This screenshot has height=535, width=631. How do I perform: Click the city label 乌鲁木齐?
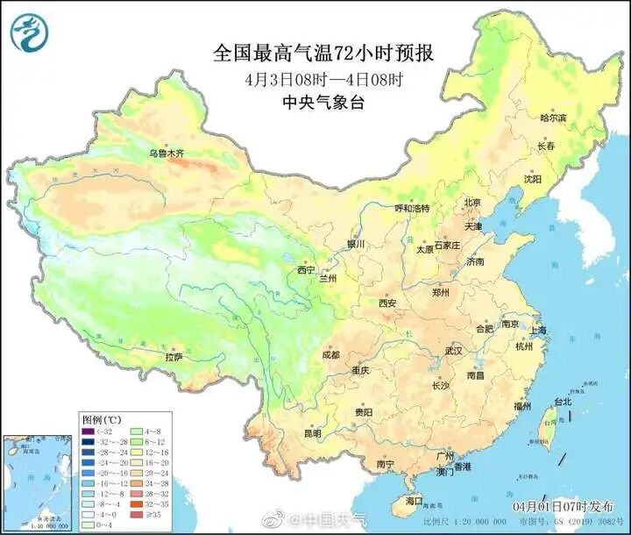(167, 153)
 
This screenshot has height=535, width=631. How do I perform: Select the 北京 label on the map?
(471, 202)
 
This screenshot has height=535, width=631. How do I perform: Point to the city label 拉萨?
(174, 357)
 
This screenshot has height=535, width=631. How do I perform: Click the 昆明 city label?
(312, 433)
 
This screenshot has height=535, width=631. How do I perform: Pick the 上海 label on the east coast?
(538, 331)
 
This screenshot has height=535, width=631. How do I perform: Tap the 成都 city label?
(330, 355)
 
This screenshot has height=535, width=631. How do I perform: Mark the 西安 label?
(387, 303)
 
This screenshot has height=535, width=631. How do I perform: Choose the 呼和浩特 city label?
(412, 209)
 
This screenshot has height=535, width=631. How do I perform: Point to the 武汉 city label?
(453, 350)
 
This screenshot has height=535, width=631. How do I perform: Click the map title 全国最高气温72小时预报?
(323, 53)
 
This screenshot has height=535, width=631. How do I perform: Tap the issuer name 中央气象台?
(323, 102)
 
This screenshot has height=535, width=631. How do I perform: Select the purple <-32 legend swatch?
(89, 431)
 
